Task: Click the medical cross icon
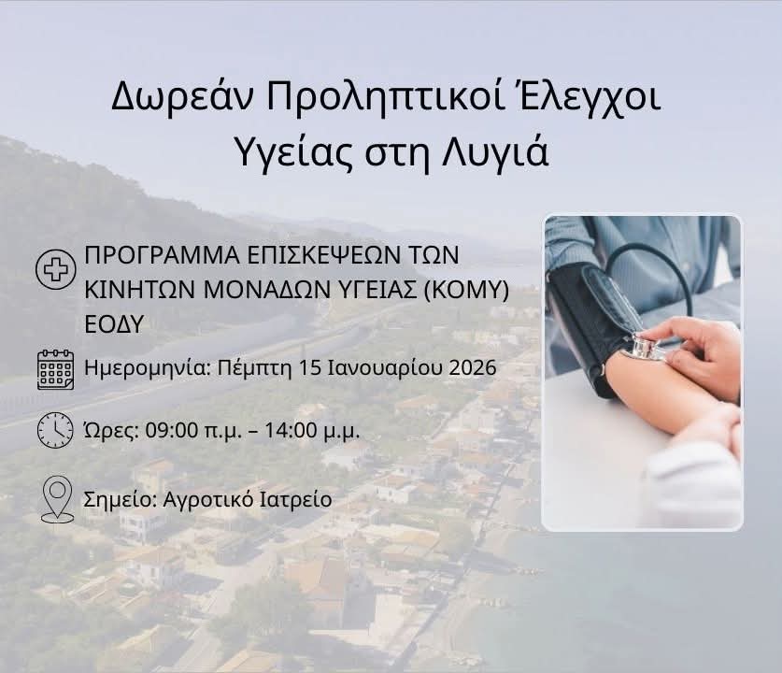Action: [x=55, y=269]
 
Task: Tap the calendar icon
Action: [x=55, y=369]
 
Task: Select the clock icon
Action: [x=55, y=430]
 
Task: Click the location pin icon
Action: [x=57, y=499]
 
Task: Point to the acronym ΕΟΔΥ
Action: [x=114, y=324]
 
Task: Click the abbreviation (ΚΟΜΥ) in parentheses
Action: [x=466, y=290]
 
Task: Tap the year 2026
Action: [x=473, y=368]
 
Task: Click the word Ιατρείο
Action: [x=296, y=499]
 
